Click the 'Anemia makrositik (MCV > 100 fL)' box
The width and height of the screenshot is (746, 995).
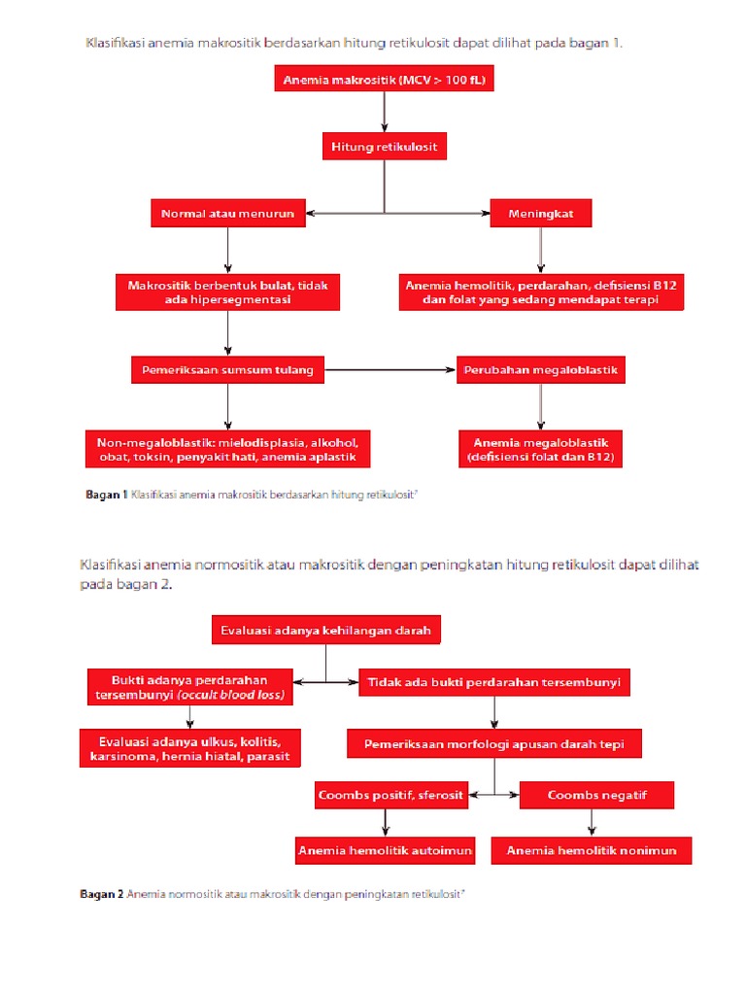(x=385, y=82)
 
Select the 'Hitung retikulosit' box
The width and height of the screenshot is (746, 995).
(x=385, y=147)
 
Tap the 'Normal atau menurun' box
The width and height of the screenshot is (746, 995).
(x=227, y=212)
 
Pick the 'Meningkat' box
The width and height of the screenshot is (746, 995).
(x=541, y=212)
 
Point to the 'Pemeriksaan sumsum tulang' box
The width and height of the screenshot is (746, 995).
(x=227, y=369)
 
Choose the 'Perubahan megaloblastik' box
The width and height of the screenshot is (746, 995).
(x=541, y=369)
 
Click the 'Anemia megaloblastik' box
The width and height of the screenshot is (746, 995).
(x=541, y=449)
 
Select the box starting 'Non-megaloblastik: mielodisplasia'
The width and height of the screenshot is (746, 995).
(x=227, y=449)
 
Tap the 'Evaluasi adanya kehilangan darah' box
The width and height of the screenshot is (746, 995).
(x=325, y=631)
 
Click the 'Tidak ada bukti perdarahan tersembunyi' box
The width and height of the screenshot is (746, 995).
(x=494, y=682)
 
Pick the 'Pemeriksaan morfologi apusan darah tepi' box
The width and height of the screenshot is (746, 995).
(x=494, y=744)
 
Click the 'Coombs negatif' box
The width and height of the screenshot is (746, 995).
(x=596, y=796)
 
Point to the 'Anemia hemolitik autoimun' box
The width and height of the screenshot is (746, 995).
(x=386, y=851)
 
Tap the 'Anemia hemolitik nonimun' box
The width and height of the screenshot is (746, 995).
(x=597, y=851)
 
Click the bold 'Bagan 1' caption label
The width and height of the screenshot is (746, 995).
(x=107, y=495)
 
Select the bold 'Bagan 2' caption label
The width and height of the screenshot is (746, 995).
(x=101, y=894)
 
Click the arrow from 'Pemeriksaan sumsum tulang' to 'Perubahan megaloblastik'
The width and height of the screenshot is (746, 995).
(x=390, y=369)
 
